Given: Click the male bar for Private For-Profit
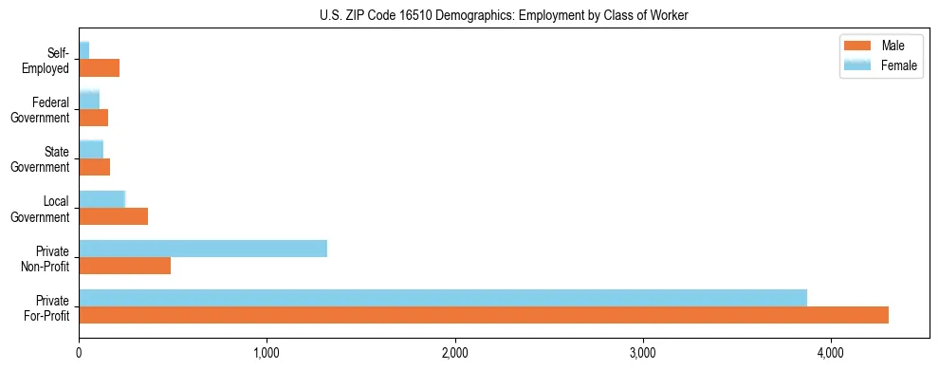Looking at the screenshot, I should [484, 315].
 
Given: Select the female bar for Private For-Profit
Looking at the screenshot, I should [443, 298].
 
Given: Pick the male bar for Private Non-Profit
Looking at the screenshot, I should [125, 266].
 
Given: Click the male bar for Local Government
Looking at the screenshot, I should [114, 216].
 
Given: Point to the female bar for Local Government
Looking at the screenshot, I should [102, 198].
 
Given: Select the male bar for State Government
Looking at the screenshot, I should [95, 167].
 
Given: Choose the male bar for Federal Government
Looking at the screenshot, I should [94, 118].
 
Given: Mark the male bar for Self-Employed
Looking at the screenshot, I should [100, 68].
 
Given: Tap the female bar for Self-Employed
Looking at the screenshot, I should [84, 50].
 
